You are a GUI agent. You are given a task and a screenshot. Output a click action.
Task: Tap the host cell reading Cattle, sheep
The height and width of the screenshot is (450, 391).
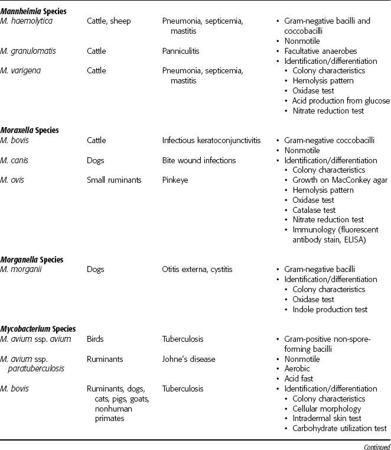tap(109, 21)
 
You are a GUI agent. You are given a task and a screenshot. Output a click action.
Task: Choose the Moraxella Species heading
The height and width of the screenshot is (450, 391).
tap(30, 130)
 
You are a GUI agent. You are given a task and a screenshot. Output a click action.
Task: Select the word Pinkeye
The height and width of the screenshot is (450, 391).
tap(175, 180)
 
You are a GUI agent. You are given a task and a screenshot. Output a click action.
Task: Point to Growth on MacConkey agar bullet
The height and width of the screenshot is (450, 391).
tap(340, 180)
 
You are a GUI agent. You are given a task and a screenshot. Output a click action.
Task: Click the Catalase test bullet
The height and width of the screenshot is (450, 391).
tap(314, 210)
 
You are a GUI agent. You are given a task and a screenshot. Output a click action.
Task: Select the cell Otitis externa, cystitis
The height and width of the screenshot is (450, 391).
tap(197, 270)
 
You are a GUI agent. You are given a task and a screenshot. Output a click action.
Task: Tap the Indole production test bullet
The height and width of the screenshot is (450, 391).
tap(330, 309)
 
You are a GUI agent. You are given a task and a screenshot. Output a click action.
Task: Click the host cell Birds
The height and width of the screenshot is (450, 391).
tap(95, 339)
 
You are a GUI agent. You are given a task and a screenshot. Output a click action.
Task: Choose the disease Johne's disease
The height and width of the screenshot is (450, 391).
tap(189, 359)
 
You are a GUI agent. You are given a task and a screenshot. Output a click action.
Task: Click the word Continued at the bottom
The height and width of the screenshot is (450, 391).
tap(372, 445)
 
